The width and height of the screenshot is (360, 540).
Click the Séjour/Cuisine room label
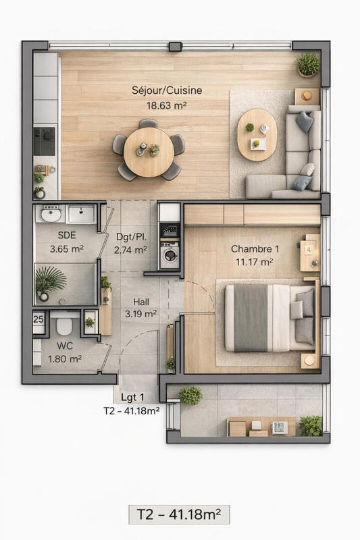[166, 90]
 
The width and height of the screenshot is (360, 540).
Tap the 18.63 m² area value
[166, 105]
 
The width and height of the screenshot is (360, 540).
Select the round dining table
[149, 151]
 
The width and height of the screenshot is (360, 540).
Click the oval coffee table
[257, 134]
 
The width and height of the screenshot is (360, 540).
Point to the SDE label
[67, 236]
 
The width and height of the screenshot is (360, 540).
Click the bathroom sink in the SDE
[51, 215]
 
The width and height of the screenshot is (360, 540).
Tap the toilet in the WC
[65, 327]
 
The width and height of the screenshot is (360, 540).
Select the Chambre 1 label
[255, 248]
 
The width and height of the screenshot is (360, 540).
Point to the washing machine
[170, 256]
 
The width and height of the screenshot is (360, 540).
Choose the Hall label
[141, 302]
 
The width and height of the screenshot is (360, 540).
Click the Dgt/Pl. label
[131, 237]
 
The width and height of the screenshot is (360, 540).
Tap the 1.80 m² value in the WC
[66, 358]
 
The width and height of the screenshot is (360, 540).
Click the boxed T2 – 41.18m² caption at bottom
[179, 514]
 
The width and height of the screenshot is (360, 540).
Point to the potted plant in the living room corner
[308, 65]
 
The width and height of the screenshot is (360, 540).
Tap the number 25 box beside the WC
[38, 319]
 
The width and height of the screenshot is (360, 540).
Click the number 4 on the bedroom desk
[309, 248]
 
